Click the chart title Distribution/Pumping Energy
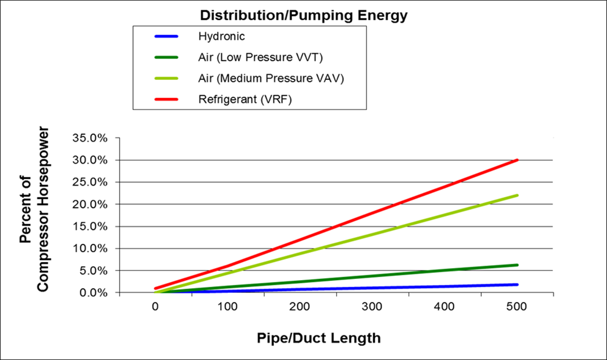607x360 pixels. (303, 16)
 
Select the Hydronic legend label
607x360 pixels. (221, 36)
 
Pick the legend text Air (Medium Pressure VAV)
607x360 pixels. (271, 79)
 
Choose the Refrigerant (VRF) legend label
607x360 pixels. (245, 100)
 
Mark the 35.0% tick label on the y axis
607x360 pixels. (89, 138)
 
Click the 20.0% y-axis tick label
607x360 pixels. (89, 205)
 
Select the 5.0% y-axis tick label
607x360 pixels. (93, 270)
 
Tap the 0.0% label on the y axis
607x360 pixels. (93, 293)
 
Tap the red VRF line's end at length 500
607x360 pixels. (517, 160)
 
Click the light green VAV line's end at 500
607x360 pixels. (517, 195)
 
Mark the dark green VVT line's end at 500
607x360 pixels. (517, 265)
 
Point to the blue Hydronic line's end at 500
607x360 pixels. (517, 284)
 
